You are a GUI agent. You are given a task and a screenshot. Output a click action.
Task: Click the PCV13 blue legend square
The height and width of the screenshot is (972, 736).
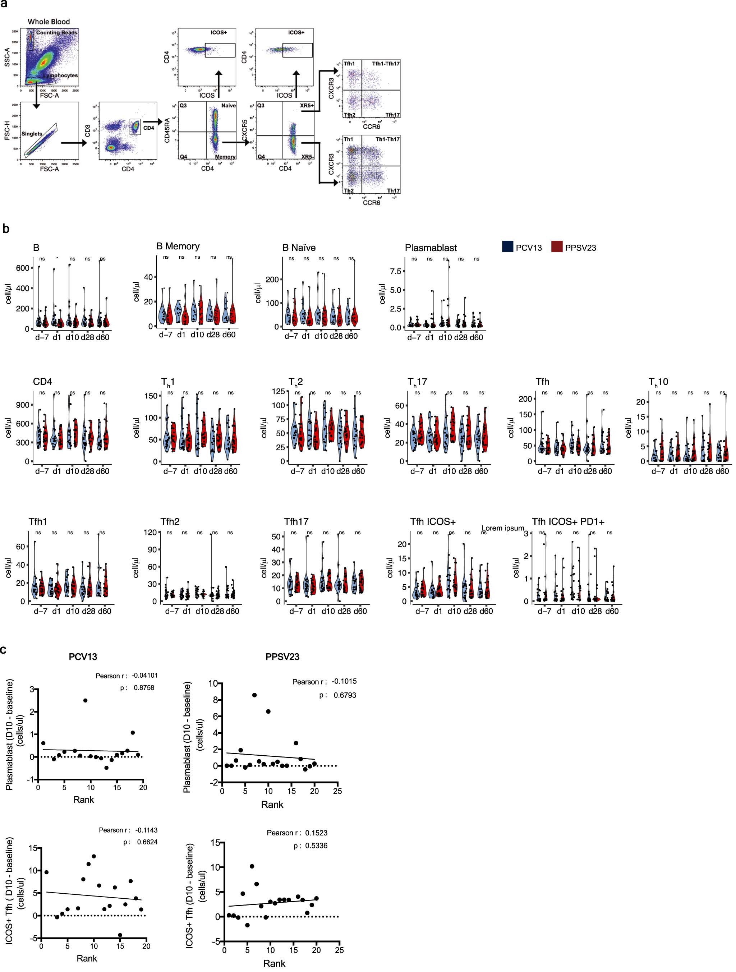point(508,247)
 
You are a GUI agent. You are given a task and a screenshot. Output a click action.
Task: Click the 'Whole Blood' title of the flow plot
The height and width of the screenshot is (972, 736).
point(49,22)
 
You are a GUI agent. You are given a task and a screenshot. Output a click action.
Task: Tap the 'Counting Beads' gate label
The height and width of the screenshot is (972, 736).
point(57,32)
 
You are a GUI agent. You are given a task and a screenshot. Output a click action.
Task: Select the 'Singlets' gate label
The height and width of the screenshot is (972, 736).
point(32,134)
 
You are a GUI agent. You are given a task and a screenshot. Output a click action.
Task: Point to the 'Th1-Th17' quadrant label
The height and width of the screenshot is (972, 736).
point(387,139)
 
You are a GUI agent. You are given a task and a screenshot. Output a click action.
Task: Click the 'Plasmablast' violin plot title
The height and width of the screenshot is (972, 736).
point(431,248)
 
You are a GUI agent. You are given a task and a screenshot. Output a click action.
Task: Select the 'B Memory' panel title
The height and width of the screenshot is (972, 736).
point(178,246)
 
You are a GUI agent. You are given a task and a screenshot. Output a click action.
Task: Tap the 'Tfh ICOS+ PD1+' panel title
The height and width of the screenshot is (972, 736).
point(568,522)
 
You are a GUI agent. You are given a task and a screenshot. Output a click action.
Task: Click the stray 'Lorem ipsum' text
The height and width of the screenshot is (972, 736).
point(503,528)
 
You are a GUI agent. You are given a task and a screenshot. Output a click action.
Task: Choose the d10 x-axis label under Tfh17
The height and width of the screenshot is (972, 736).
point(328,611)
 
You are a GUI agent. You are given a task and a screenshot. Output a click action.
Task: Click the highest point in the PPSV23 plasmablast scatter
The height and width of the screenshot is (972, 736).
point(254,695)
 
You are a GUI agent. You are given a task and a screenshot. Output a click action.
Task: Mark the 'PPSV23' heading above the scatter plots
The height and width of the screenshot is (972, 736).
point(282,657)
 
